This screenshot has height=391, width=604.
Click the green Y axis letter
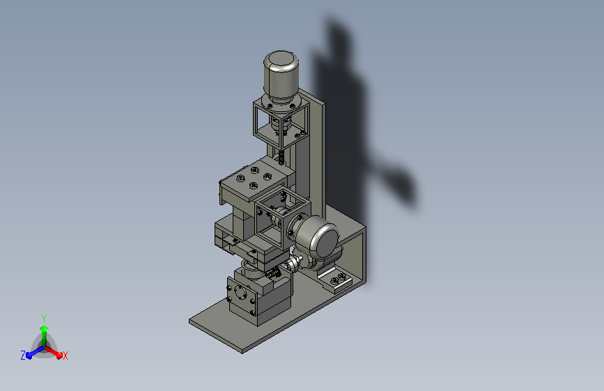point(44,318)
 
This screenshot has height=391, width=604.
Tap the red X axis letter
point(65,356)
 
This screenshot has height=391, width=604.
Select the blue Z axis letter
point(23,356)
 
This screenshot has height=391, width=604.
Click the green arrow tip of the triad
point(45,328)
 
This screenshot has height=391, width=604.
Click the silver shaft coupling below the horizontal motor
point(293,264)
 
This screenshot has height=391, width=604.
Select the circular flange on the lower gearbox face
point(240,294)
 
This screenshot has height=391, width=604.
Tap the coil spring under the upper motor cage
point(281,157)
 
